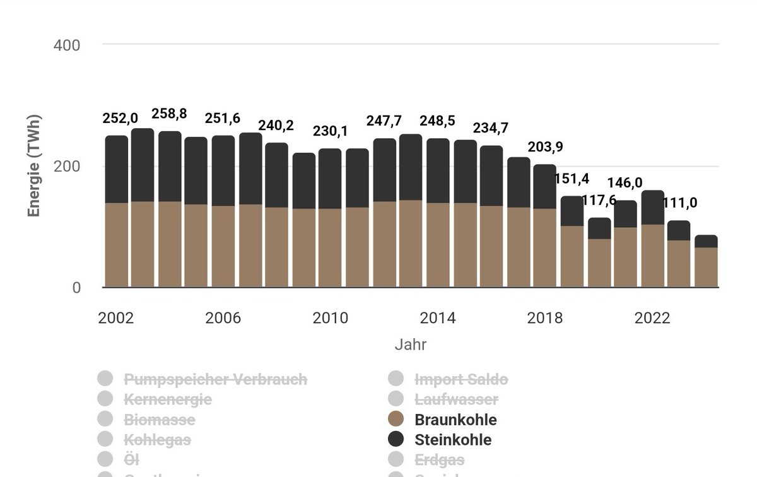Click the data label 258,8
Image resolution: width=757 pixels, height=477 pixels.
169,115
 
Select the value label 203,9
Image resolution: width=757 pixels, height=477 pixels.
544,148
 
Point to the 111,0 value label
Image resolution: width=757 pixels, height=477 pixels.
679,204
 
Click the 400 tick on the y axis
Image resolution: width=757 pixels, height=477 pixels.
68,45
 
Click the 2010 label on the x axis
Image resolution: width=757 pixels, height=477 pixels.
330,318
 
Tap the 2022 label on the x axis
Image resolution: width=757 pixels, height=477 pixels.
652,318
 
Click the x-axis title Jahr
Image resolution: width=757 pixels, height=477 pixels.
410,344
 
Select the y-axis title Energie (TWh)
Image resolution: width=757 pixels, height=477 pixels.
34,165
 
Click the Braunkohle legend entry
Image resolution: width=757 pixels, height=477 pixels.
455,420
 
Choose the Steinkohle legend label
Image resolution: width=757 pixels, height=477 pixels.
452,440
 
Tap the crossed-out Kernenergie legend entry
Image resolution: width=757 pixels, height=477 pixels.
168,399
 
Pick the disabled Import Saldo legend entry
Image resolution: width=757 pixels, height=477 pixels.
461,380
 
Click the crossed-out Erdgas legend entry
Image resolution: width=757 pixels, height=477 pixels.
439,460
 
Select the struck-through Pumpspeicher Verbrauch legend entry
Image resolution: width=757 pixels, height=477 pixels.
215,380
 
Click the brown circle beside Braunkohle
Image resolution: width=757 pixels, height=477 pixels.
396,420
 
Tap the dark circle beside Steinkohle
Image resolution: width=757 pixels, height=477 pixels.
396,440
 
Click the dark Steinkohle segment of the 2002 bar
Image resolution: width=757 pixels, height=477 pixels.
116,169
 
